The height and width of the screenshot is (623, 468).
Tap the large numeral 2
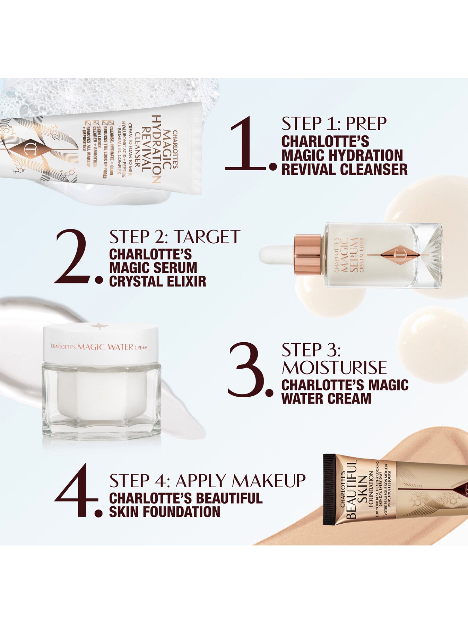(73, 257)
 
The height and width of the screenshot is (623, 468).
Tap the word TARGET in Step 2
(207, 237)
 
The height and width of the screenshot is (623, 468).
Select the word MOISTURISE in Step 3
(334, 368)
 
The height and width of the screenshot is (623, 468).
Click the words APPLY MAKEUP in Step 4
(241, 480)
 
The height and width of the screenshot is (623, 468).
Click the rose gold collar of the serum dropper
(308, 255)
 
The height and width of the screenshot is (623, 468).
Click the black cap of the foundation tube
(329, 489)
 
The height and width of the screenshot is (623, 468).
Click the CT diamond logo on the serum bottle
(397, 255)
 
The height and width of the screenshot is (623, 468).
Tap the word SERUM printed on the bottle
(354, 255)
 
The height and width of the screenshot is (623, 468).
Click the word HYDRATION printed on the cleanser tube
(156, 149)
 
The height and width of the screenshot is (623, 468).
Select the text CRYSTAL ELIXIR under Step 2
(157, 281)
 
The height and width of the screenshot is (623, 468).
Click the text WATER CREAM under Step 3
(326, 398)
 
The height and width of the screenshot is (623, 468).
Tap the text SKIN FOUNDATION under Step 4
(164, 512)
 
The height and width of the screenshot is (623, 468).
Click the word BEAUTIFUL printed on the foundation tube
(352, 489)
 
